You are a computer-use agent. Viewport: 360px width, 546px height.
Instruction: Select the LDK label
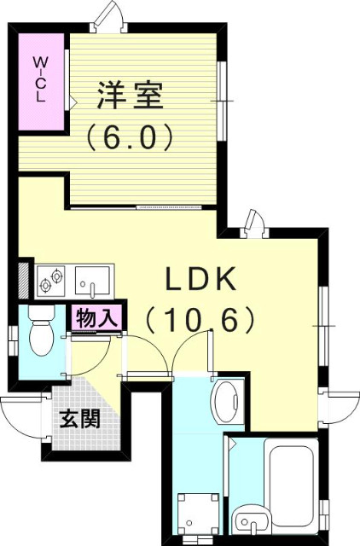coord(200,280)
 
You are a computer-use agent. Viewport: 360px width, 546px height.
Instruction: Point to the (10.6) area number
coord(200,321)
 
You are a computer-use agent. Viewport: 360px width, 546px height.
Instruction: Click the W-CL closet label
coord(40,79)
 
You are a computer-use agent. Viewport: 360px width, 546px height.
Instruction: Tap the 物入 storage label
coord(96,318)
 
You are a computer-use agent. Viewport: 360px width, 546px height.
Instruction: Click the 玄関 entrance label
coord(79,419)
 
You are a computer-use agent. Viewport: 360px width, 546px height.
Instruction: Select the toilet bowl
coord(41,338)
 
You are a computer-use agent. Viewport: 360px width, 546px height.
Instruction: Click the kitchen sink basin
coord(95,282)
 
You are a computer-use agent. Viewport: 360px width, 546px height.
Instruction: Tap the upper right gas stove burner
coord(56,276)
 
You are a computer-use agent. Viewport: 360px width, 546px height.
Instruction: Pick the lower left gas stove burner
coord(45,287)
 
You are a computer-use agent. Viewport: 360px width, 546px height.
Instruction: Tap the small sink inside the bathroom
coord(252,522)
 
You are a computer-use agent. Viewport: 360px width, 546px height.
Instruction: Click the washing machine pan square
coord(198,514)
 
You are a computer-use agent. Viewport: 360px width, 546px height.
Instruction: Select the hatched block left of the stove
coord(24,281)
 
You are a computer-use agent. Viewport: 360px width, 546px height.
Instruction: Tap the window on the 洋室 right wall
coord(222,101)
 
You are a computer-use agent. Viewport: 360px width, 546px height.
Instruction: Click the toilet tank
coord(42,312)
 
